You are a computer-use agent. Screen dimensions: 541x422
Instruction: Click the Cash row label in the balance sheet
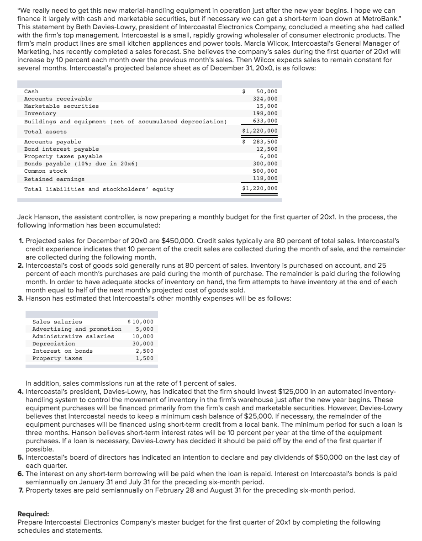click(31, 91)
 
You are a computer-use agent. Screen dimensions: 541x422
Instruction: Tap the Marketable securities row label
click(61, 106)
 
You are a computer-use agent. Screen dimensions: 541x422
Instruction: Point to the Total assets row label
click(45, 132)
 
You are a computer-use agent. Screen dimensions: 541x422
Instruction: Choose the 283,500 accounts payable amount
click(265, 142)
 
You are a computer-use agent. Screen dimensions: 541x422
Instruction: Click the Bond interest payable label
click(61, 149)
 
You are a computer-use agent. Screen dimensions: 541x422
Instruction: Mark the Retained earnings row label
click(54, 179)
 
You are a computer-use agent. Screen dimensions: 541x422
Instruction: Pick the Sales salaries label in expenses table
click(57, 322)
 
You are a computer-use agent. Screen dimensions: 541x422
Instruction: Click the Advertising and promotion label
click(77, 329)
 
